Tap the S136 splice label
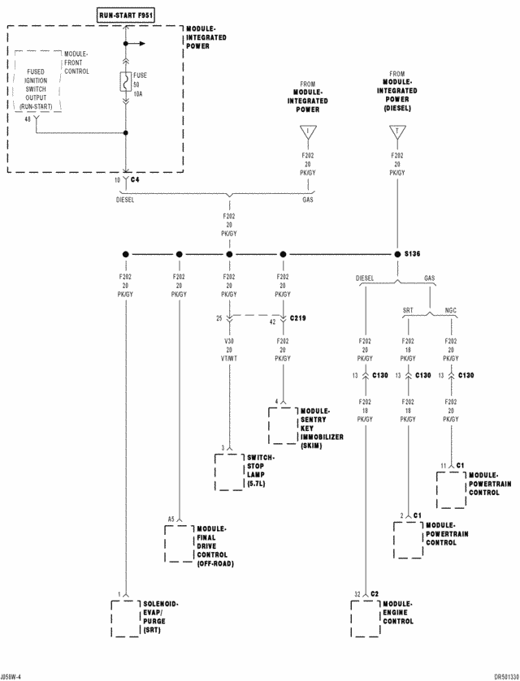(412, 254)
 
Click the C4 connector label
(135, 179)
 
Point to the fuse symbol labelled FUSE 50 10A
(126, 83)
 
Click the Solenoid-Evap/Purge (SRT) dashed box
(125, 619)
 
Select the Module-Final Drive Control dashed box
(178, 544)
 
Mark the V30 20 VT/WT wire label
(229, 348)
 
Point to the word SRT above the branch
(409, 309)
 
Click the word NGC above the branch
(451, 309)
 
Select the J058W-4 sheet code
(11, 675)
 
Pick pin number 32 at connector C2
(357, 594)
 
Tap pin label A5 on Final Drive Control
(171, 518)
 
